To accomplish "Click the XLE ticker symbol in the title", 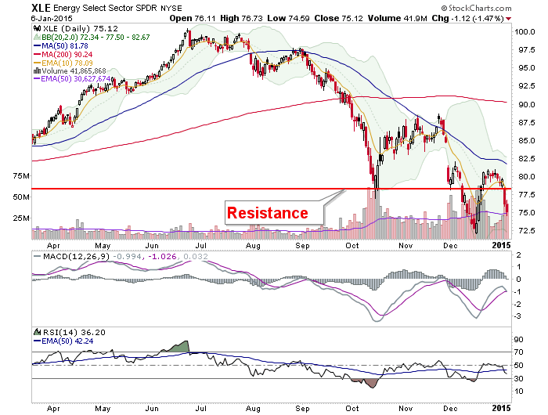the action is point(41,7).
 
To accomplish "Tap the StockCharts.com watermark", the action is point(476,8).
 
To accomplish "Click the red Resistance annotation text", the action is point(268,213).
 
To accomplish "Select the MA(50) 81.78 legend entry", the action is point(61,45).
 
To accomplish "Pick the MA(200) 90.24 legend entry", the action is point(63,55).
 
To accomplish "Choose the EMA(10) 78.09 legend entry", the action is point(63,63).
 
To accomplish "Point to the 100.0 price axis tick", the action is point(525,32).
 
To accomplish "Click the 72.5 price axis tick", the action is point(525,231).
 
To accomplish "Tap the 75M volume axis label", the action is point(21,176).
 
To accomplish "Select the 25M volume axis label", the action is point(21,218).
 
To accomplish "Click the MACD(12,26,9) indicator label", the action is point(77,257).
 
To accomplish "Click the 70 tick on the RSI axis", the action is point(519,352).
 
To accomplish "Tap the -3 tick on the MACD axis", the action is point(518,316).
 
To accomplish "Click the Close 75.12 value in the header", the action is point(339,18).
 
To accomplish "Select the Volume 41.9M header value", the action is point(398,18).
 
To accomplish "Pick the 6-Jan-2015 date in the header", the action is point(52,19).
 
